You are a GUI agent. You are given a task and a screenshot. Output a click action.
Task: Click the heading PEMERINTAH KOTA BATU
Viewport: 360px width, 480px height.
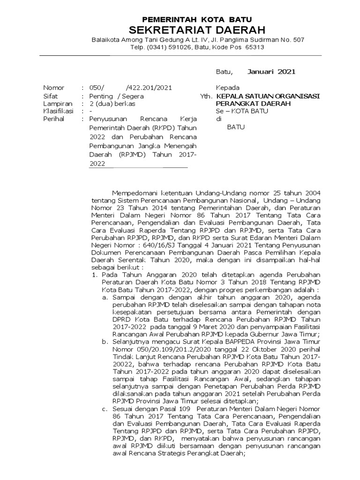tap(197, 20)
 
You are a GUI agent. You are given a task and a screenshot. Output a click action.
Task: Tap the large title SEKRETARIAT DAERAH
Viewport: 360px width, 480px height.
tap(197, 30)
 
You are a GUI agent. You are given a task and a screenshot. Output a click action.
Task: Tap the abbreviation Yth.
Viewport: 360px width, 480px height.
tap(205, 96)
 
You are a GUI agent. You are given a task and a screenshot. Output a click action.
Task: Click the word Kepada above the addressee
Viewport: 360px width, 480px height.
tap(227, 88)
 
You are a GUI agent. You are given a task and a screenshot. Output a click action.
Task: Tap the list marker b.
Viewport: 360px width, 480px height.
tap(105, 342)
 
